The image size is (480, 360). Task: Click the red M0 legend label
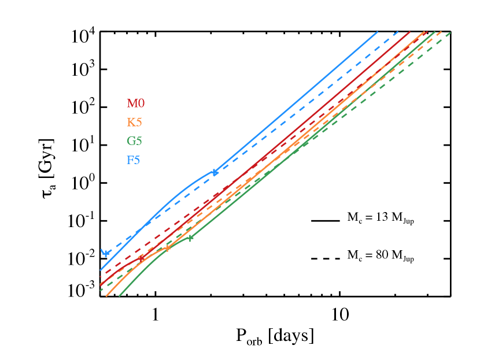coord(135,104)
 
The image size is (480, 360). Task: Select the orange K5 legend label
coord(134,123)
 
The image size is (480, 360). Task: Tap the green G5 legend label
coord(134,141)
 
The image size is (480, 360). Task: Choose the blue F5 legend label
coord(133,160)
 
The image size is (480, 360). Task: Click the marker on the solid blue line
coord(215,172)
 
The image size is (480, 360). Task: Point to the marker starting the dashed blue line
coord(105,253)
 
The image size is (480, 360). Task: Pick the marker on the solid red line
coord(142,258)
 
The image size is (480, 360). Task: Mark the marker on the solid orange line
coord(168,248)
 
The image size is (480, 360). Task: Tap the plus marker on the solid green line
coord(190,237)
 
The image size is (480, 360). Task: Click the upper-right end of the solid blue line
coord(377,32)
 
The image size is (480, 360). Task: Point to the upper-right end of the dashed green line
coord(450,32)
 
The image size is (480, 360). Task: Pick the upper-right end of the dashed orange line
coord(441,32)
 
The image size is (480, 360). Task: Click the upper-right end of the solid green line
coord(434,32)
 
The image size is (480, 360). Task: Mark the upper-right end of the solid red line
coord(426,32)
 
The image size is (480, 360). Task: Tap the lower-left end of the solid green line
coord(119,295)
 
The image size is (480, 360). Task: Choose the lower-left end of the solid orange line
coord(107,295)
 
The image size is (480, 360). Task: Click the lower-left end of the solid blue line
coord(101,270)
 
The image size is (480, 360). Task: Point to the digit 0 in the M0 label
coord(141,104)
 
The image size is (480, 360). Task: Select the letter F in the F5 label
coord(130,160)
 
